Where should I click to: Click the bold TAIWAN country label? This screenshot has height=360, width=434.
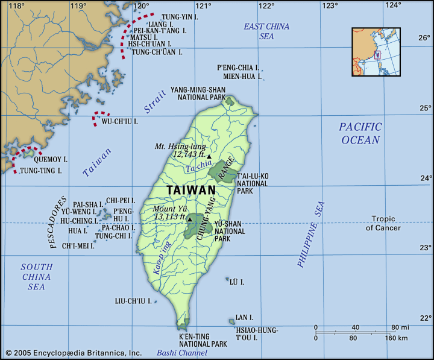tap(190, 190)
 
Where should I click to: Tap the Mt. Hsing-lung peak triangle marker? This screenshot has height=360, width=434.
tap(209, 156)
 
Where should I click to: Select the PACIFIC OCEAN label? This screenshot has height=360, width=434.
tap(360, 133)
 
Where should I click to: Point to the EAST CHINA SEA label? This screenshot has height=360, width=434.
tap(266, 31)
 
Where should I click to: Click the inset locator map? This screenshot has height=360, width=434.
tap(377, 51)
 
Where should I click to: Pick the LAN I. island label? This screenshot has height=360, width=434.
tap(244, 317)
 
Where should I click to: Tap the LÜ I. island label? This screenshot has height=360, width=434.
tap(237, 282)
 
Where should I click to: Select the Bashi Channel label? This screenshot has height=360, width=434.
tap(181, 353)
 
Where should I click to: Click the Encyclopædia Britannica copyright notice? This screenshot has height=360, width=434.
tap(73, 353)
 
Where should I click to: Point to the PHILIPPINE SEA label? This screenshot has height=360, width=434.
tap(310, 234)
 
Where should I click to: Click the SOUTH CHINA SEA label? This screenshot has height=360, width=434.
tap(36, 277)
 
